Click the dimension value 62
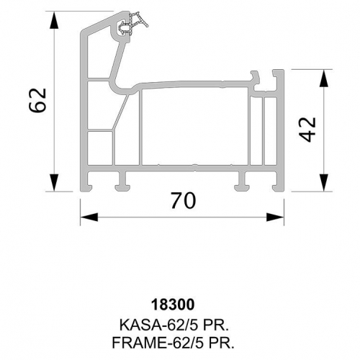(x=37, y=100)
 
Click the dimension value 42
(x=307, y=130)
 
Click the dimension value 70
(x=184, y=201)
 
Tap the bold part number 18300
(x=173, y=305)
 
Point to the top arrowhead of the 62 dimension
(x=55, y=20)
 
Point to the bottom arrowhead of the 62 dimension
(x=55, y=182)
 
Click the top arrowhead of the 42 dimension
(x=324, y=78)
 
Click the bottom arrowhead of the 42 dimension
(x=324, y=182)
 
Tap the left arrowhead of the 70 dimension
(x=89, y=217)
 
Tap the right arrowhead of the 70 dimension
(x=275, y=217)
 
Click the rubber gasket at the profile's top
(x=135, y=24)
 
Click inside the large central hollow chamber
(x=195, y=126)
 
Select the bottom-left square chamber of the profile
(x=99, y=148)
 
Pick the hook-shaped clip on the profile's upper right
(x=255, y=78)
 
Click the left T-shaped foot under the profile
(x=122, y=181)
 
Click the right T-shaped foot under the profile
(x=243, y=181)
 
